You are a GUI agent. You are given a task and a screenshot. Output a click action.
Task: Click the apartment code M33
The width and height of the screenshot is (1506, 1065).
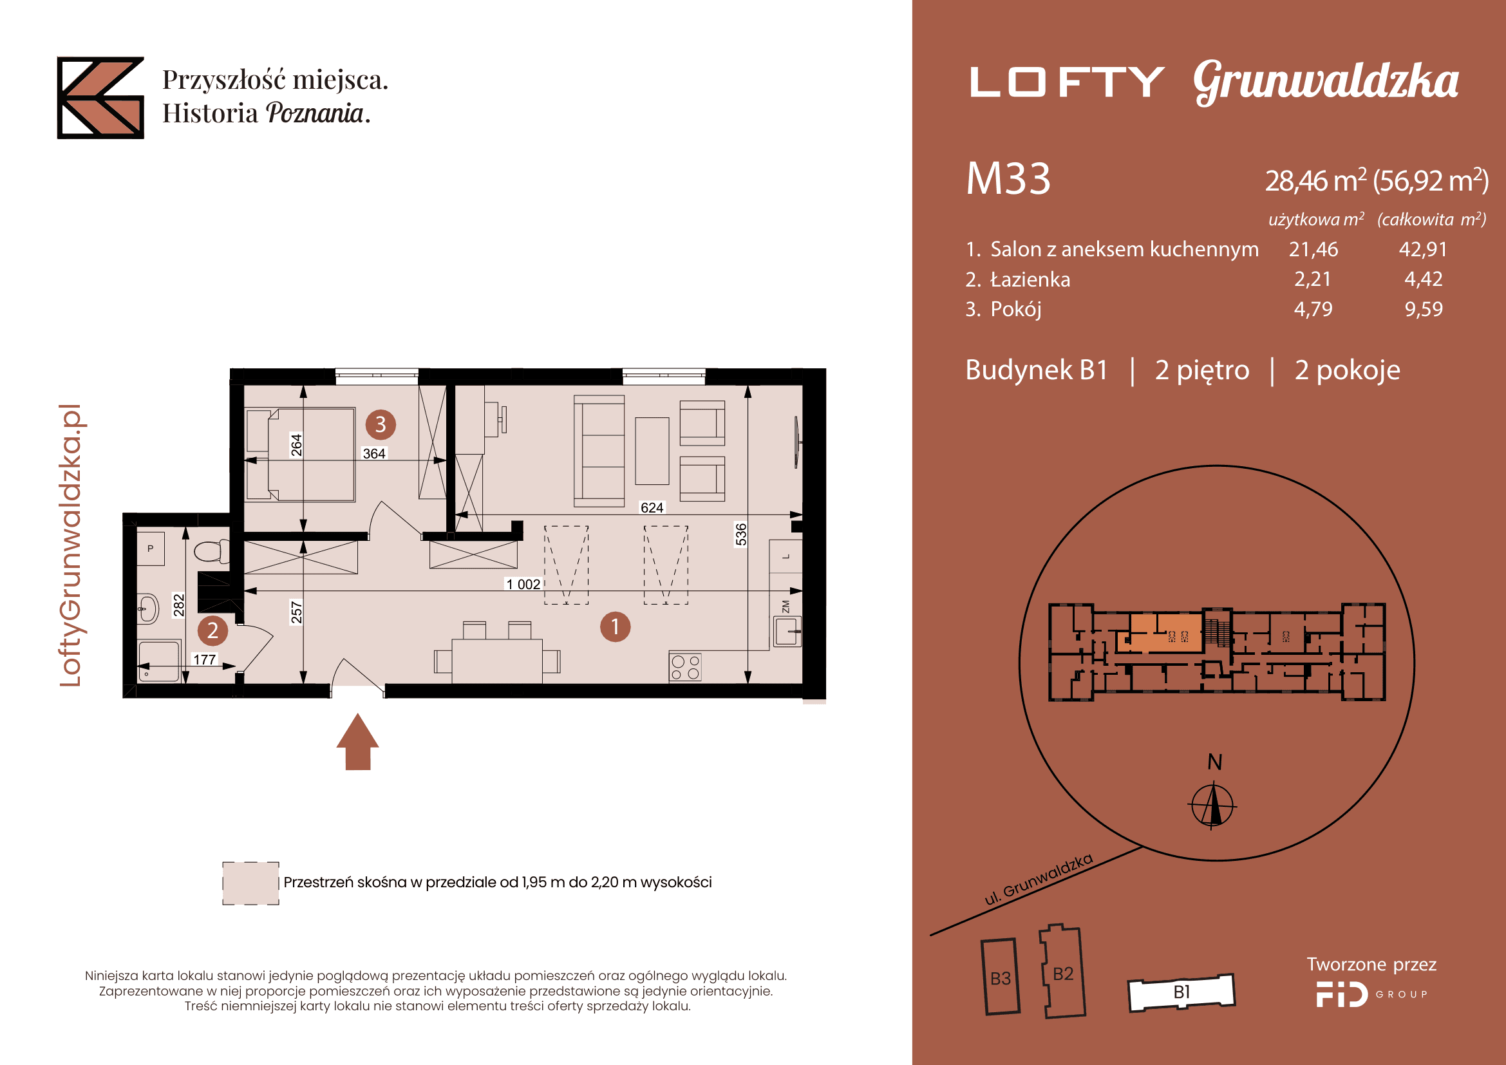[1008, 178]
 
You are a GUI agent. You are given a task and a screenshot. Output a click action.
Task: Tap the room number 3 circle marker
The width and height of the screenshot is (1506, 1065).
[381, 424]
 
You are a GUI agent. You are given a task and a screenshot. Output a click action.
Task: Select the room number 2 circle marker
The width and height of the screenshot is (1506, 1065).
[212, 630]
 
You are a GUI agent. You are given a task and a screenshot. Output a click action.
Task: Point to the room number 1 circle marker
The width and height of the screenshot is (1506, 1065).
[616, 627]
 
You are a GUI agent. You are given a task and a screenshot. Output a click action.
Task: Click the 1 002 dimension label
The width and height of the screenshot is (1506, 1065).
[523, 583]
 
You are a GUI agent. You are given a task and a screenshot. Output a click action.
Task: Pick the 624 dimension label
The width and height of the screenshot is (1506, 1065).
[652, 507]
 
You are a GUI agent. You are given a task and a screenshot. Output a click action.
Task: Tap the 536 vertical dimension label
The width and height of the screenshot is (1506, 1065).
[740, 534]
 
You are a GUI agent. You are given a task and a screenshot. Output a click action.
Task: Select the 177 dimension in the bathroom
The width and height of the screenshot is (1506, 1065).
[205, 659]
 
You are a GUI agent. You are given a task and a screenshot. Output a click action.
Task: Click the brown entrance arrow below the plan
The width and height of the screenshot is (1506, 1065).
[357, 742]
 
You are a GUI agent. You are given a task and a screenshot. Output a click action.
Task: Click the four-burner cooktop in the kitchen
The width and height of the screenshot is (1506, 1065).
[685, 668]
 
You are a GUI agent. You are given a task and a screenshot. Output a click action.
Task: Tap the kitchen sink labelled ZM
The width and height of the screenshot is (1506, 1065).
[786, 630]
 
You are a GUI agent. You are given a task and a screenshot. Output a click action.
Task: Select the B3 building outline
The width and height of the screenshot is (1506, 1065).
[1001, 977]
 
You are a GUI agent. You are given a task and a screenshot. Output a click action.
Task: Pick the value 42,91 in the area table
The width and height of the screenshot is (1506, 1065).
[1423, 249]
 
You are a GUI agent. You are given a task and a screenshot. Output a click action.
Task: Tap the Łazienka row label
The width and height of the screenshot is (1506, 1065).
[1030, 279]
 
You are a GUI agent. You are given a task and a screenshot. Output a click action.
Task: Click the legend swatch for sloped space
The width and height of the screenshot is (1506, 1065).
[250, 883]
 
